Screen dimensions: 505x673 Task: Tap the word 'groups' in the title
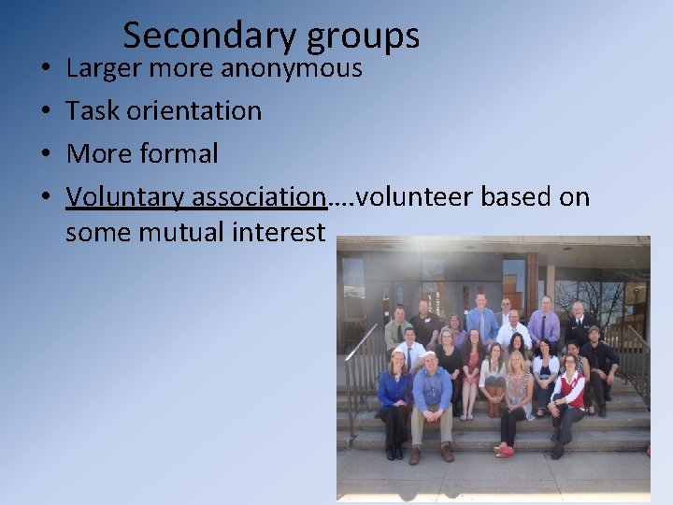click(x=359, y=36)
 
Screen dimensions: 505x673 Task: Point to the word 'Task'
click(x=92, y=110)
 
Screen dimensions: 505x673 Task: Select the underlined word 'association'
click(x=257, y=197)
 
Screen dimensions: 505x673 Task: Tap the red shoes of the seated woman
click(x=505, y=452)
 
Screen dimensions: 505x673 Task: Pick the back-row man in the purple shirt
click(x=543, y=323)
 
